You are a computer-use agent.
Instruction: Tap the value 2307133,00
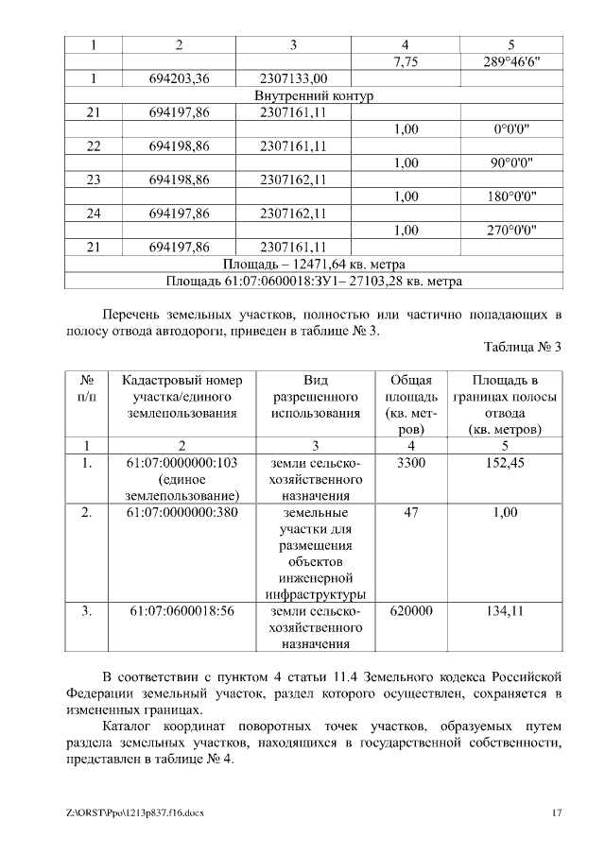pyautogui.click(x=293, y=78)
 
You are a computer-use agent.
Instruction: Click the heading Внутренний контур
pyautogui.click(x=315, y=95)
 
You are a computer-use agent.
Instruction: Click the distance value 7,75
pyautogui.click(x=405, y=61)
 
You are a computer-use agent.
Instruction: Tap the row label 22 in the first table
pyautogui.click(x=93, y=146)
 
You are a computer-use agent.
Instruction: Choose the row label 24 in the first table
pyautogui.click(x=93, y=214)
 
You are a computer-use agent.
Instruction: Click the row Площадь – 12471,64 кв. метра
pyautogui.click(x=315, y=264)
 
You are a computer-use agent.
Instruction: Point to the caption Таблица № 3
pyautogui.click(x=523, y=347)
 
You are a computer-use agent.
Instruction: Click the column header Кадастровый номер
pyautogui.click(x=183, y=380)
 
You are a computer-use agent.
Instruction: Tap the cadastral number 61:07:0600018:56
pyautogui.click(x=181, y=611)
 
